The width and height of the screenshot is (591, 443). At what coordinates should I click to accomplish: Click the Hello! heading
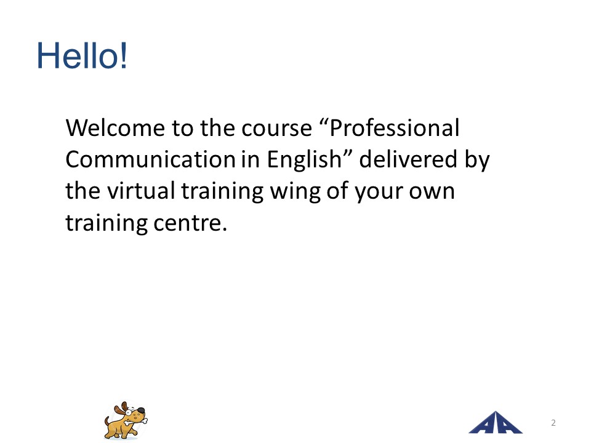point(82,56)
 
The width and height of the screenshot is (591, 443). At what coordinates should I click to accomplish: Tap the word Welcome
point(115,128)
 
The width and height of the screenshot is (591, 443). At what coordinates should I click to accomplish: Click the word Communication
point(150,159)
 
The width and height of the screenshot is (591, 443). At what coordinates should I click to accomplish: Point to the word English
point(304,159)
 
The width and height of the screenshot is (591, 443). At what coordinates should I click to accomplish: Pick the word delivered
point(409,159)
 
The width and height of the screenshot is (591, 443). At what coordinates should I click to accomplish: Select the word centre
point(190,223)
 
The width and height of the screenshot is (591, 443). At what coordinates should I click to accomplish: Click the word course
point(276,129)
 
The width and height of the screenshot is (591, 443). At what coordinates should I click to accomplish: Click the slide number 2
point(553,423)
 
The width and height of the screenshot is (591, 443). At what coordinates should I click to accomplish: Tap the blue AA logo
point(495,423)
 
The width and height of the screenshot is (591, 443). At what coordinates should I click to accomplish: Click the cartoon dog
point(126,420)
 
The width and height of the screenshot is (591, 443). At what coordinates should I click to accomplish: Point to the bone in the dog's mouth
point(135,421)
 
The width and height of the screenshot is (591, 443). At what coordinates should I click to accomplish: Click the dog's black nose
point(140,410)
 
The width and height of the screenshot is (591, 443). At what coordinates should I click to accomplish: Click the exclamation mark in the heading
point(123,56)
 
